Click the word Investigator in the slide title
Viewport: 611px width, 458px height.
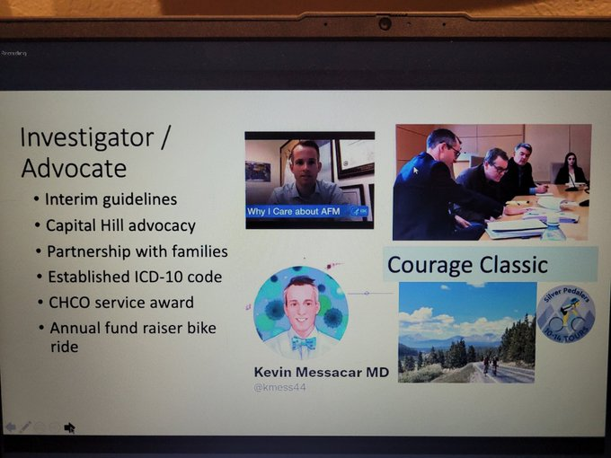pyautogui.click(x=88, y=138)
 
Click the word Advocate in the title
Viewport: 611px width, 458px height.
pyautogui.click(x=74, y=168)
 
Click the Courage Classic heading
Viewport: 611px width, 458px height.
pyautogui.click(x=466, y=265)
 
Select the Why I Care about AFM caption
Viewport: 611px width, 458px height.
pyautogui.click(x=297, y=212)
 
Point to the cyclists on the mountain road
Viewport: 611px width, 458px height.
pyautogui.click(x=491, y=365)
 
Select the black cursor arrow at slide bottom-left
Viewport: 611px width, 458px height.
pyautogui.click(x=69, y=427)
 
